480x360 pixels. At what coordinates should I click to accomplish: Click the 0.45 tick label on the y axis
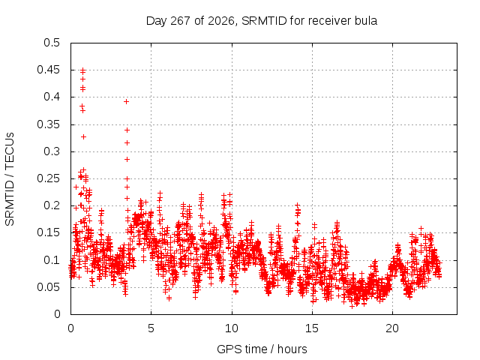pos(48,70)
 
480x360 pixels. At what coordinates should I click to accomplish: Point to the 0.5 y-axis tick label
pos(52,43)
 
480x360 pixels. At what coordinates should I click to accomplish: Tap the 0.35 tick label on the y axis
pos(48,124)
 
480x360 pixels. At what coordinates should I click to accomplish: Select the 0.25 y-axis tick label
pos(48,178)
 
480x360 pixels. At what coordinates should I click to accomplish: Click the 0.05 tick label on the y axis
pos(48,287)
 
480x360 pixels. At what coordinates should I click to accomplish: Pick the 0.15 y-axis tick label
pos(48,232)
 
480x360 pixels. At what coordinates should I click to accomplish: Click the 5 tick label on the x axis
pos(151,328)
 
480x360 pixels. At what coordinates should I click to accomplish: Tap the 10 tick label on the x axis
pos(232,328)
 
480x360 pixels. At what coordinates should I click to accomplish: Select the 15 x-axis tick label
pos(312,328)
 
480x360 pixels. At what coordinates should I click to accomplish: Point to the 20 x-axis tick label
pos(392,328)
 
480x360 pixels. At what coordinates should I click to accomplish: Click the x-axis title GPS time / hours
pos(262,349)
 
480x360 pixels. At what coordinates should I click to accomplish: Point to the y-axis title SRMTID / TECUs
pos(10,179)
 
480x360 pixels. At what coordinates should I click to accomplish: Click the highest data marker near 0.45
pos(82,71)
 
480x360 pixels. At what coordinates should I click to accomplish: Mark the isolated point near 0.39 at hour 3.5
pos(126,102)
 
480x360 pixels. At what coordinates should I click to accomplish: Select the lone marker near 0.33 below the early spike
pos(83,136)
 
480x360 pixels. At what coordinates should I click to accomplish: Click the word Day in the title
pos(157,22)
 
